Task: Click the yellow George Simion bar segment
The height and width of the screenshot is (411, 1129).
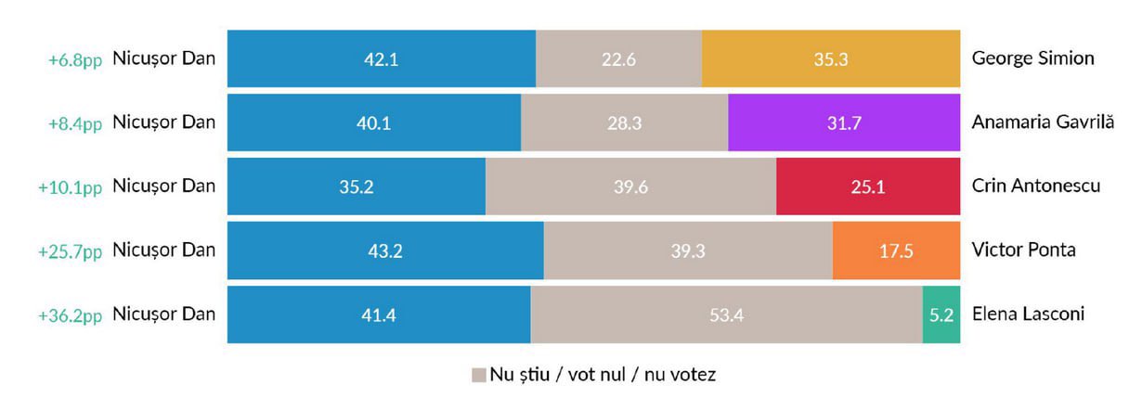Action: pyautogui.click(x=830, y=58)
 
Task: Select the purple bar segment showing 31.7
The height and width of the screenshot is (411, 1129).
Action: pyautogui.click(x=843, y=122)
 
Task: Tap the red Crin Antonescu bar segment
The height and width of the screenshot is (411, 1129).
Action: pyautogui.click(x=867, y=186)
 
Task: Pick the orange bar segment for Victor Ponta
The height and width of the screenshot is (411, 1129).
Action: pyautogui.click(x=895, y=250)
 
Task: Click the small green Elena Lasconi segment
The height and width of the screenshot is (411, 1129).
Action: pyautogui.click(x=941, y=315)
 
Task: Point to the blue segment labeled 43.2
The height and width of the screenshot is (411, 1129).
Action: pyautogui.click(x=385, y=250)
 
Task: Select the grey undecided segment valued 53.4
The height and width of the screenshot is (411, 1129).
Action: pyautogui.click(x=726, y=315)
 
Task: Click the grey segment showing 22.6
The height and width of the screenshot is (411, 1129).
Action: pyautogui.click(x=618, y=58)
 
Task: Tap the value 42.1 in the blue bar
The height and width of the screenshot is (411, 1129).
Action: pyautogui.click(x=381, y=59)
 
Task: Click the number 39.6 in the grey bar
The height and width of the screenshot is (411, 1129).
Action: pyautogui.click(x=630, y=187)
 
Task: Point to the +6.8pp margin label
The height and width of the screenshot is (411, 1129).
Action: pyautogui.click(x=74, y=59)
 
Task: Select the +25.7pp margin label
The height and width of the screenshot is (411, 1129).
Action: pyautogui.click(x=70, y=251)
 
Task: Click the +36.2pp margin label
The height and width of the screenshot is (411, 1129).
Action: pyautogui.click(x=70, y=315)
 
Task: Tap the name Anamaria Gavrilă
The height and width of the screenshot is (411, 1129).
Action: pyautogui.click(x=1042, y=122)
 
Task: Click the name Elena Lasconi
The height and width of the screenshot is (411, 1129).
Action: pyautogui.click(x=1028, y=315)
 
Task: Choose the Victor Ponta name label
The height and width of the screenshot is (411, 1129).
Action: pyautogui.click(x=1024, y=250)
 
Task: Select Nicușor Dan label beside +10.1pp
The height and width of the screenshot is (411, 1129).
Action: pyautogui.click(x=163, y=186)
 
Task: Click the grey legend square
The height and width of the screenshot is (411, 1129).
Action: pyautogui.click(x=478, y=376)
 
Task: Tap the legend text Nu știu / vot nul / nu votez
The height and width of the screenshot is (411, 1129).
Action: pyautogui.click(x=603, y=376)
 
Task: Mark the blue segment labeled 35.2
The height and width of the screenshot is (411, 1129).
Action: pyautogui.click(x=357, y=186)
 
